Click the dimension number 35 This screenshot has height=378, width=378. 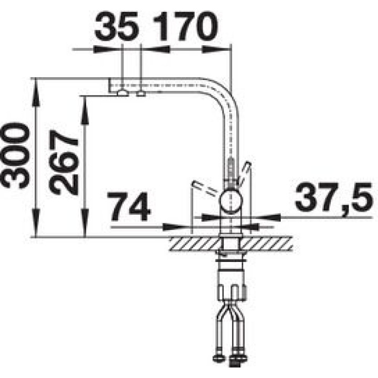click(117, 26)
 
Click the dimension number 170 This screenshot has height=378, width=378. click(185, 26)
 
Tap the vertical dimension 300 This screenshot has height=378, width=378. click(15, 155)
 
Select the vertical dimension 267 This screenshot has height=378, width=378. click(63, 162)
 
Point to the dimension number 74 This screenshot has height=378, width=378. click(129, 206)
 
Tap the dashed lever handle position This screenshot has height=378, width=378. click(205, 188)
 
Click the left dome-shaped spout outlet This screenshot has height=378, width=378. click(123, 93)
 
